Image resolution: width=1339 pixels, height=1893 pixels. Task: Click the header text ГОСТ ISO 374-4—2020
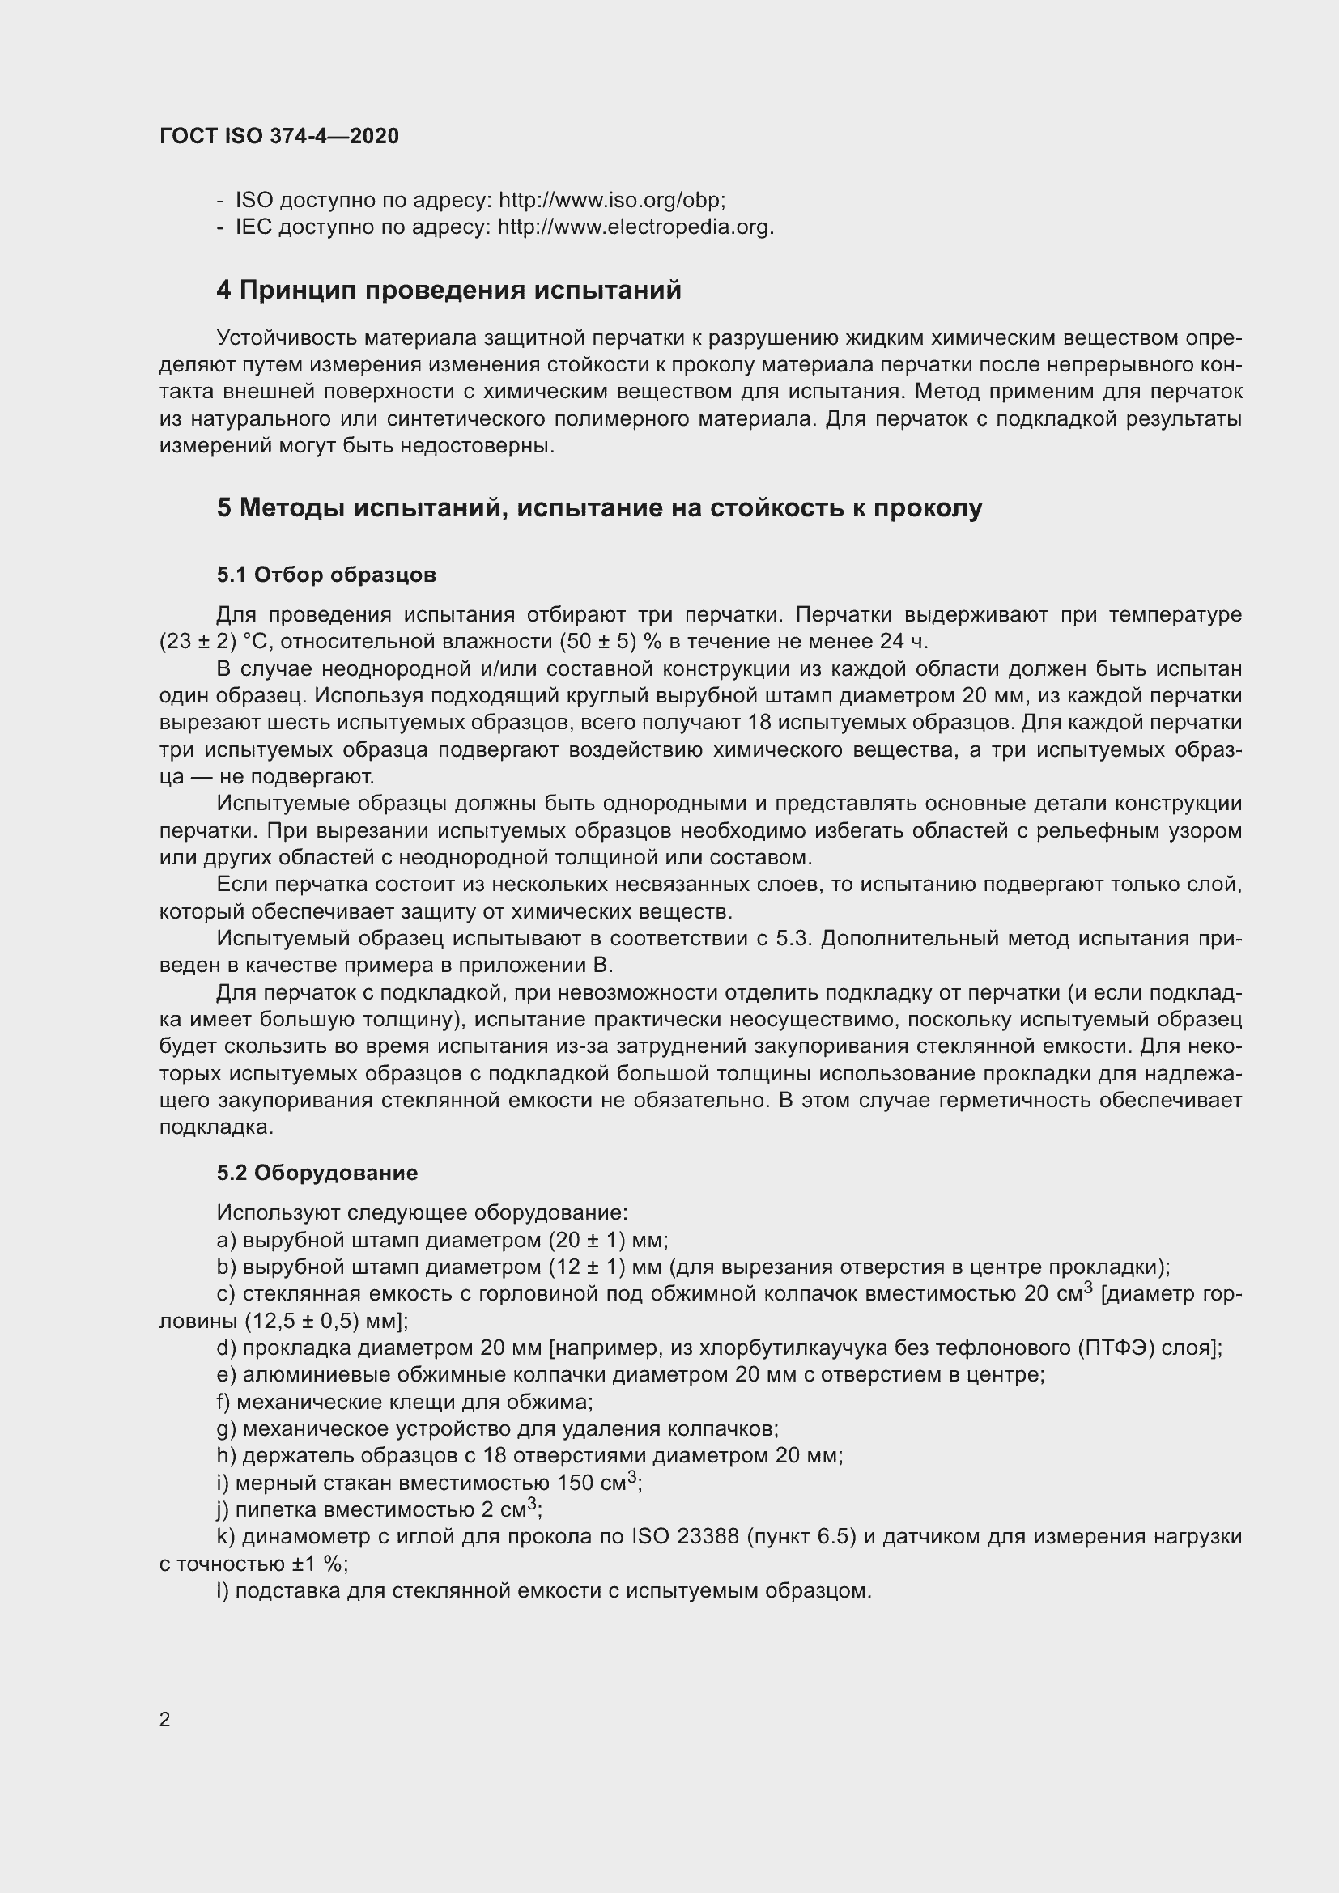(278, 136)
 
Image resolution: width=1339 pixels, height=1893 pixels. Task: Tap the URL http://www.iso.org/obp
(611, 201)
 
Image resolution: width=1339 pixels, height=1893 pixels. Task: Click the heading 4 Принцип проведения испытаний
(448, 291)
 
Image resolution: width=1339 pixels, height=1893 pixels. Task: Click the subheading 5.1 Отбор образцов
(326, 575)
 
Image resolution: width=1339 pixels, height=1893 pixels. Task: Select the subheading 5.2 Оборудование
(317, 1173)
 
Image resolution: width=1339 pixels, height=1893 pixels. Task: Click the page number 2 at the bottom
(165, 1719)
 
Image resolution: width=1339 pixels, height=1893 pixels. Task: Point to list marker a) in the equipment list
(226, 1240)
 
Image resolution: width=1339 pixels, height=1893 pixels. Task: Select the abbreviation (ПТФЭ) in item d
(1112, 1348)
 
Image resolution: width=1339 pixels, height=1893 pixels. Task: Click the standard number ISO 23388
(684, 1536)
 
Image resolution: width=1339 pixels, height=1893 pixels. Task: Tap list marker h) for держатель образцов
(226, 1455)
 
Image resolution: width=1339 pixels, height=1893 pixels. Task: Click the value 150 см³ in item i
(596, 1483)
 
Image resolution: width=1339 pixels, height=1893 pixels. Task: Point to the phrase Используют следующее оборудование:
(422, 1213)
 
